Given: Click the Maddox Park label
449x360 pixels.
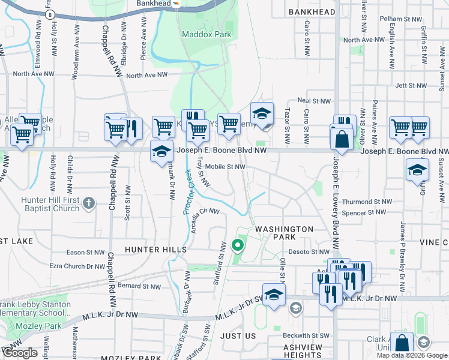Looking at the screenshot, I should coord(206,35).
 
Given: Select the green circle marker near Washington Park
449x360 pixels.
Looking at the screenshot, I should coord(238,245).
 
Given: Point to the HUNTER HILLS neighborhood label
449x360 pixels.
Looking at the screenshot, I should coord(156,248).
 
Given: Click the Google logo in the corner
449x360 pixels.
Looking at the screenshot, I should coord(20,353).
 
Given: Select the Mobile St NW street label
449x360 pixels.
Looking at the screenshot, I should coord(225,167).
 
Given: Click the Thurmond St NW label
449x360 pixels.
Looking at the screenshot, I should coord(367,202).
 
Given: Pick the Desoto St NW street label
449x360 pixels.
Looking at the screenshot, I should coord(309,252).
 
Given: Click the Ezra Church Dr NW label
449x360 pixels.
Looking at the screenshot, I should coord(77,266).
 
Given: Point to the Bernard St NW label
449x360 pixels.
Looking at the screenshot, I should coord(139,286).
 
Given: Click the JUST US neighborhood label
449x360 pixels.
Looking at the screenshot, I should coord(238,336).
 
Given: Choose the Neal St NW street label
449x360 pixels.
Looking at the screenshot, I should coord(314,101).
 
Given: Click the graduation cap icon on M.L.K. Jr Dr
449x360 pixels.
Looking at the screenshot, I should coord(274,295).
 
